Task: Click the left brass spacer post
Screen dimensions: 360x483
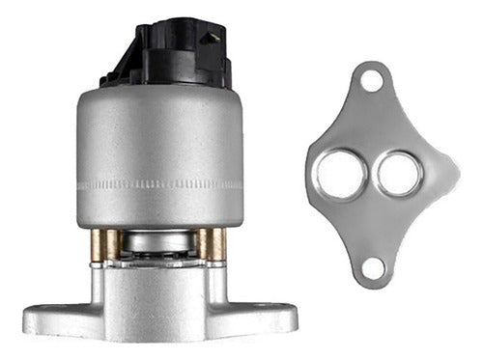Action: (x=100, y=245)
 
